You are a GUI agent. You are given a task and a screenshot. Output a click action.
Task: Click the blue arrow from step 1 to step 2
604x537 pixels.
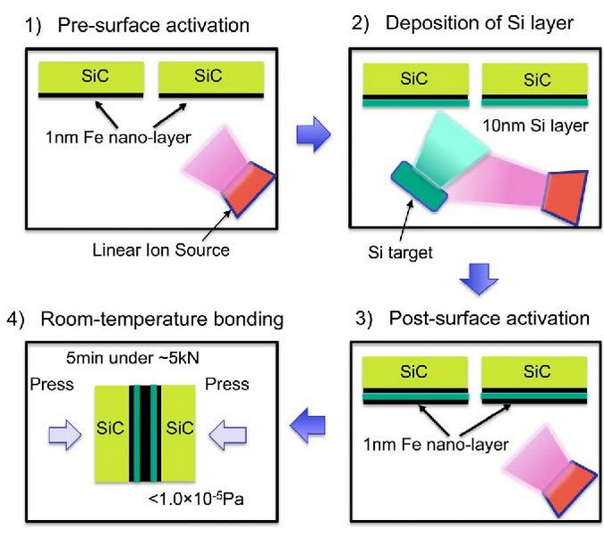click(x=312, y=136)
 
